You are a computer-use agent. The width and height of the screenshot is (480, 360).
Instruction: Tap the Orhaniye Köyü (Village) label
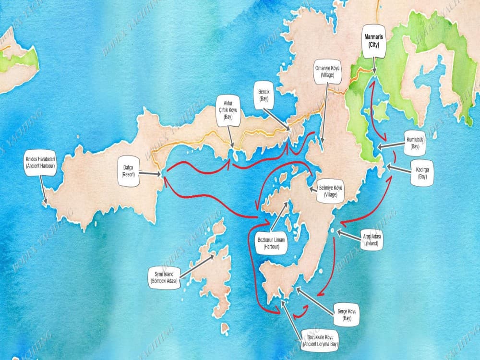point(328,72)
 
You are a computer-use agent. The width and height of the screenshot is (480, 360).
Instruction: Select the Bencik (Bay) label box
point(264,95)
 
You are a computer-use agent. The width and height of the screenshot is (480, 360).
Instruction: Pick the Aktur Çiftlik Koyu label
point(228,109)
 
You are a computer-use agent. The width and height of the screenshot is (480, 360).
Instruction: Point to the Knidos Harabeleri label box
point(41,162)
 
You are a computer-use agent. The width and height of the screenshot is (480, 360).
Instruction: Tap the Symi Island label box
point(165,277)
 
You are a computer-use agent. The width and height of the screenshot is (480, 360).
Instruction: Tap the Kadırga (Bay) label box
point(422,174)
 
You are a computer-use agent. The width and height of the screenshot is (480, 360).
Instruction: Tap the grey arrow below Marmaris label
point(374,66)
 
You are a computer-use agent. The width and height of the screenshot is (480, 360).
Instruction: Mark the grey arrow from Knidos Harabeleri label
point(44,190)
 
